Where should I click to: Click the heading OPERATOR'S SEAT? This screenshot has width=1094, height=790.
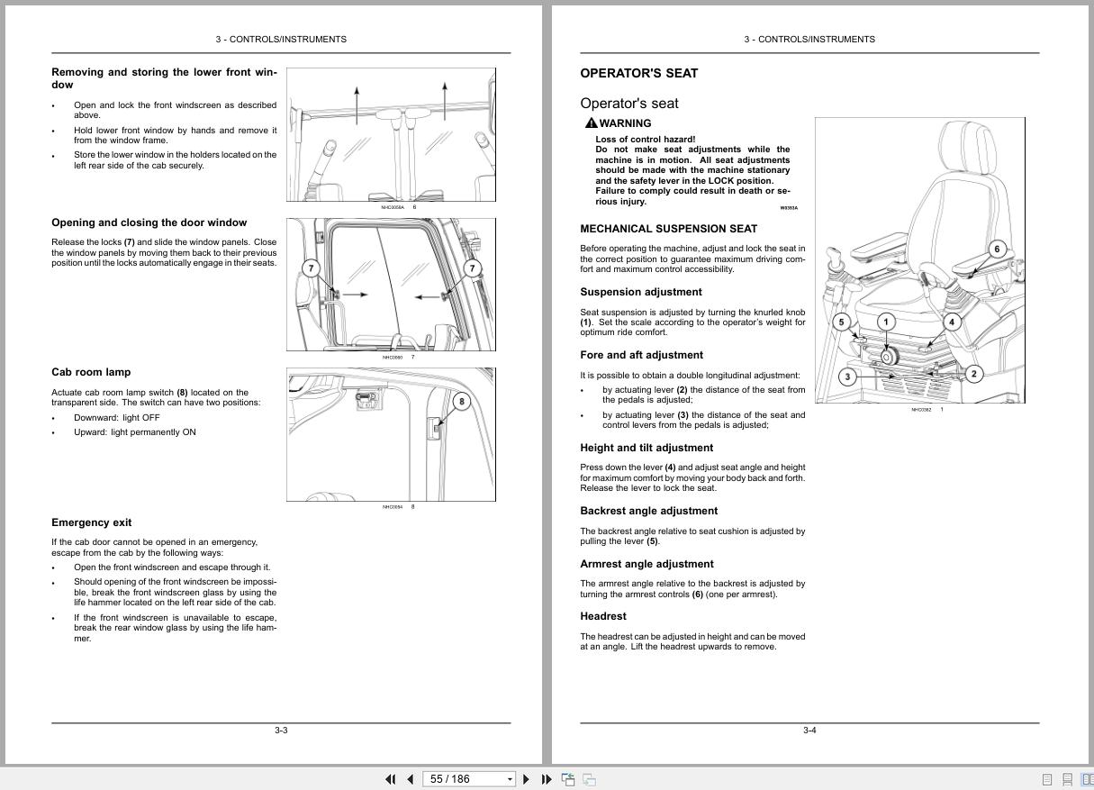pos(638,74)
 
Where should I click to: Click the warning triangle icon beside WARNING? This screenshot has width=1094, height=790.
pos(591,123)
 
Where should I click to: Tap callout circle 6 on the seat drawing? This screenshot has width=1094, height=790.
pos(996,249)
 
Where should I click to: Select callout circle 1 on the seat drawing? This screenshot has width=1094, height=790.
pos(885,322)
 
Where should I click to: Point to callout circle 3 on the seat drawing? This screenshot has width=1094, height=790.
pos(846,377)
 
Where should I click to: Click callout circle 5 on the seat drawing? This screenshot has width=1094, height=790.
pos(841,322)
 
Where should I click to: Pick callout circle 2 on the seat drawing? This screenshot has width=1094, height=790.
pos(973,374)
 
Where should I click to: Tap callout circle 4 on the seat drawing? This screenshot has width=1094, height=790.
pos(951,322)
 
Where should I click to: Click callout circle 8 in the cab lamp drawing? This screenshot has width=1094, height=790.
pos(461,402)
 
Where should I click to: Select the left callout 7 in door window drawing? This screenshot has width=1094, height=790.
pos(312,268)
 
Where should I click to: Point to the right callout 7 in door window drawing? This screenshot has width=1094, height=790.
pos(473,268)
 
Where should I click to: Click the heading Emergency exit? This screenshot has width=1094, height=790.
pos(91,522)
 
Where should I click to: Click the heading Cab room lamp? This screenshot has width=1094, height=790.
pos(91,372)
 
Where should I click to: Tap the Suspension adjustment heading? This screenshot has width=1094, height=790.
pos(640,292)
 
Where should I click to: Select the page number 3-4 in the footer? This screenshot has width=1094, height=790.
pos(809,731)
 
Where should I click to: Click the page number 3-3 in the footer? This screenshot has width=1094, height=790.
pos(281,731)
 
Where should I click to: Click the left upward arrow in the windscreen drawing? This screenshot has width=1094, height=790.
pos(357,104)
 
